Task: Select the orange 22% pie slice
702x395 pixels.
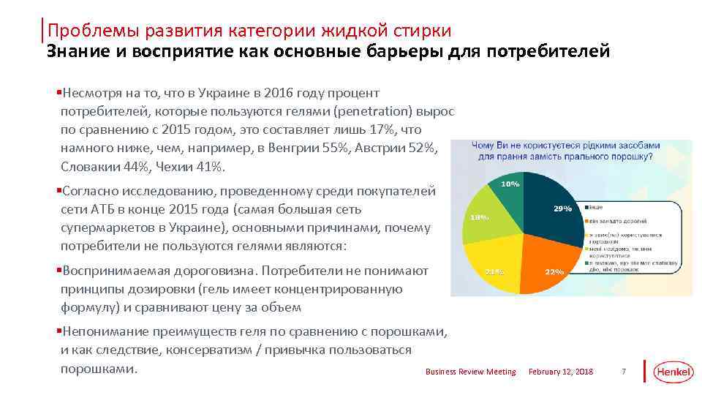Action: (x=545, y=260)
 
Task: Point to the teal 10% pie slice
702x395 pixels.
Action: (x=512, y=190)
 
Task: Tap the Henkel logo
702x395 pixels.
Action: (x=672, y=372)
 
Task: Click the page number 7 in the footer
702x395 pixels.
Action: (x=624, y=372)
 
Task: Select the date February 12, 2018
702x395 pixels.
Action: (x=561, y=372)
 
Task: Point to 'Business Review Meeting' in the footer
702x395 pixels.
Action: (x=470, y=372)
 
